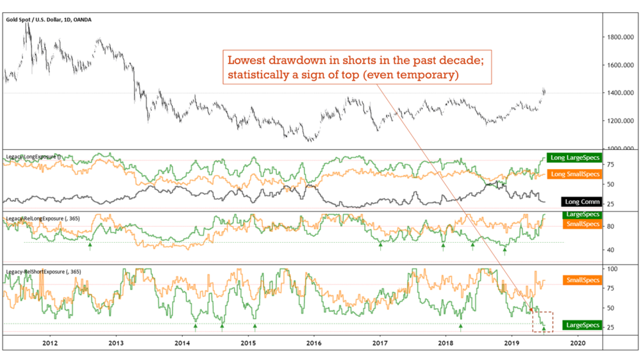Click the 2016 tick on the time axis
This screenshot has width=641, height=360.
click(x=313, y=343)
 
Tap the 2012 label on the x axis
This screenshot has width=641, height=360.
click(x=50, y=343)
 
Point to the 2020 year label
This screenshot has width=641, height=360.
click(x=578, y=343)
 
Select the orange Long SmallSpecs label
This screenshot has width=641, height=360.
click(x=575, y=174)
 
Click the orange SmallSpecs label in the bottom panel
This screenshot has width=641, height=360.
click(x=582, y=280)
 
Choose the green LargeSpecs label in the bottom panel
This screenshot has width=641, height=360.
click(x=582, y=325)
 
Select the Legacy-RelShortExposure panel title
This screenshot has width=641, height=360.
click(x=37, y=272)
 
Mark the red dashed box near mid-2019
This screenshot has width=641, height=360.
click(x=542, y=320)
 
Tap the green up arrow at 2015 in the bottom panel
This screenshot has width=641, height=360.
click(x=255, y=327)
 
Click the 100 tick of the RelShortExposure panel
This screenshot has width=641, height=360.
click(x=613, y=268)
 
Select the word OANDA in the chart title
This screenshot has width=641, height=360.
click(x=82, y=20)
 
